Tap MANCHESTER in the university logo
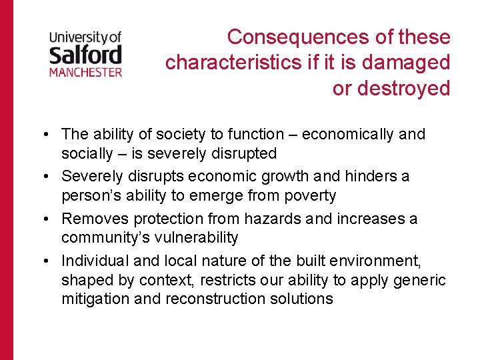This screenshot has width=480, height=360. click(85, 71)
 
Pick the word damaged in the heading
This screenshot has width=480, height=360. click(407, 62)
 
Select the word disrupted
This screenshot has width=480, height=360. click(242, 153)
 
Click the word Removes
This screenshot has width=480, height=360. click(95, 219)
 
